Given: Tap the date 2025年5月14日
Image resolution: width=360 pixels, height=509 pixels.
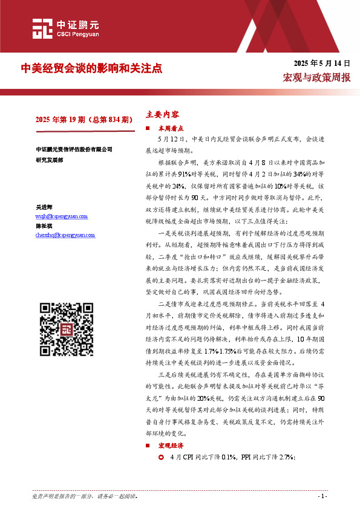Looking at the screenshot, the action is pos(322,63).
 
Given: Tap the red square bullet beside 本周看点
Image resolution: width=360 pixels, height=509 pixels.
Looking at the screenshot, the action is pos(149,129).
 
